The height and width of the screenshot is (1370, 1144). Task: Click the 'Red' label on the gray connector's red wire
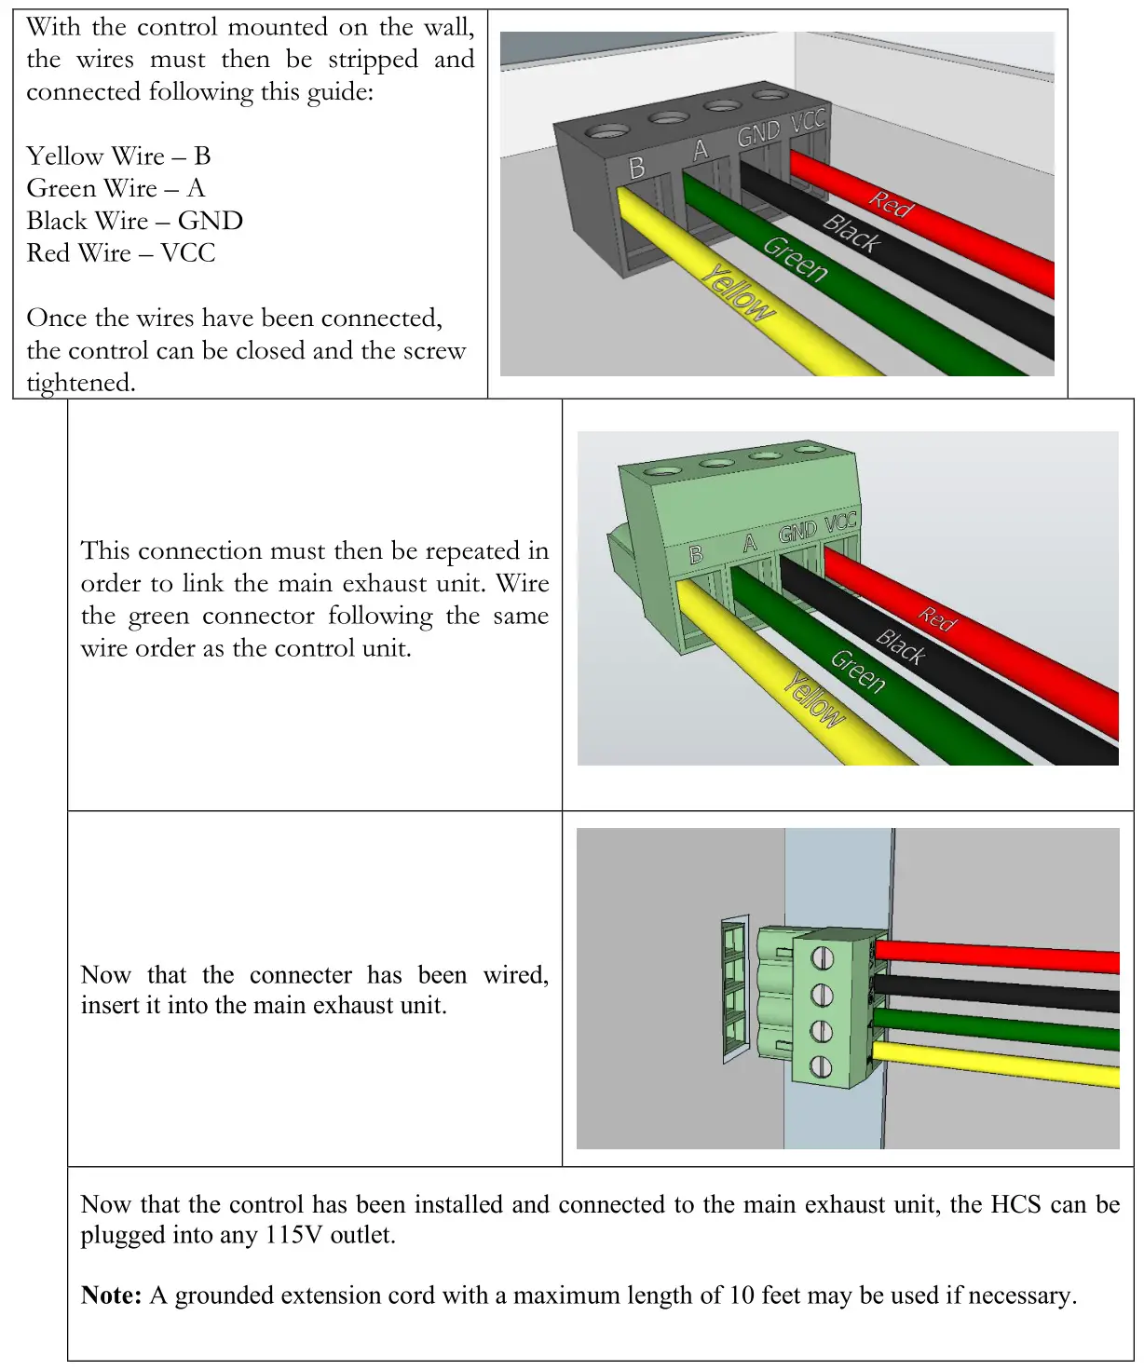pos(892,203)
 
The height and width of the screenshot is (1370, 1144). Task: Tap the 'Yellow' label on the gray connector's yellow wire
pos(738,292)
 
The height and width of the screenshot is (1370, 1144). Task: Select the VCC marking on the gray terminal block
pos(808,121)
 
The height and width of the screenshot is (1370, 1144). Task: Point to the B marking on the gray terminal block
pos(637,168)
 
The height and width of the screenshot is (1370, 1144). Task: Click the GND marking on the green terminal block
pos(797,531)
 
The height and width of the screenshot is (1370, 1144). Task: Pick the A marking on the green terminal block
pos(750,543)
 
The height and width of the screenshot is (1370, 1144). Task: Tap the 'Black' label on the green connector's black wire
pos(901,646)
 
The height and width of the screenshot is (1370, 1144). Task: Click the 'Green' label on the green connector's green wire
pos(857,671)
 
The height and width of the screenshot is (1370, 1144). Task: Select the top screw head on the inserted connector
pos(822,957)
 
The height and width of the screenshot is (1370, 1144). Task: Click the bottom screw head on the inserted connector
pos(821,1066)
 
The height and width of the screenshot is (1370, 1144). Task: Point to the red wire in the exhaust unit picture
pos(997,956)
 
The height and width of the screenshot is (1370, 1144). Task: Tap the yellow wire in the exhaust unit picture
pos(997,1065)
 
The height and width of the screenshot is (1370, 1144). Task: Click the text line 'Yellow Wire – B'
pos(118,156)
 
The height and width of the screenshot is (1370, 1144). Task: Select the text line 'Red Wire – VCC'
pos(120,253)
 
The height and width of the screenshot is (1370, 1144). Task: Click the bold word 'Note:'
pos(111,1295)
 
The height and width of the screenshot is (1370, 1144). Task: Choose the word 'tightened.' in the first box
pos(80,383)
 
